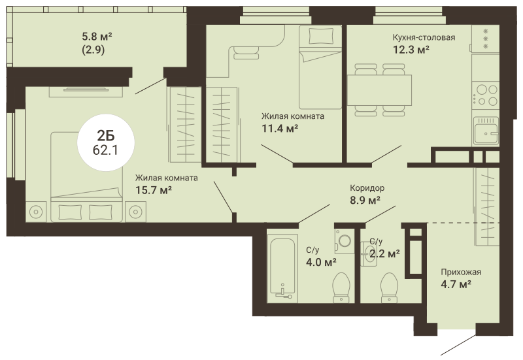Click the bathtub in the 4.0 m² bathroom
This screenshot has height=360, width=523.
pos(282,267)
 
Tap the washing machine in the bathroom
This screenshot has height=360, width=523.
pos(345,240)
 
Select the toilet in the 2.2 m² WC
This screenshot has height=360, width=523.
pos(389,287)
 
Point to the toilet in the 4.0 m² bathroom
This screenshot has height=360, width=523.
pos(341,287)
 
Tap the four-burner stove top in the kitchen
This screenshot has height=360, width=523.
pos(486,95)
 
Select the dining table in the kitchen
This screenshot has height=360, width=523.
pos(379,90)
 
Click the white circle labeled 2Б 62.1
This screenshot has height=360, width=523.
pos(106,142)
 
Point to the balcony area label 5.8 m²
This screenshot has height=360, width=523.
pos(97,36)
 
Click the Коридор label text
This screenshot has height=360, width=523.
pos(367,188)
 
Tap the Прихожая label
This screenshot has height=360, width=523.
pos(461,272)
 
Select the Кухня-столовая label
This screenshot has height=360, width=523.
pos(424,37)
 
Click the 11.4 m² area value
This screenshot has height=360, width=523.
pos(280,128)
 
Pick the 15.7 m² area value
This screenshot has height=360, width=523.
pos(154,190)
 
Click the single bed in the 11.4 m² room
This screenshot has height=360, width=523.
pos(320,67)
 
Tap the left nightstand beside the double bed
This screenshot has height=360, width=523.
pos(36,212)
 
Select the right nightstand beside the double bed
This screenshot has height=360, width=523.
pos(136,212)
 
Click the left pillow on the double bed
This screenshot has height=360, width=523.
pos(70,212)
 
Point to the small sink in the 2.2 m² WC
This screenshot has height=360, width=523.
pos(369,255)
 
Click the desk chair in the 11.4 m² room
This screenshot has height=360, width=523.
pos(246,52)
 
